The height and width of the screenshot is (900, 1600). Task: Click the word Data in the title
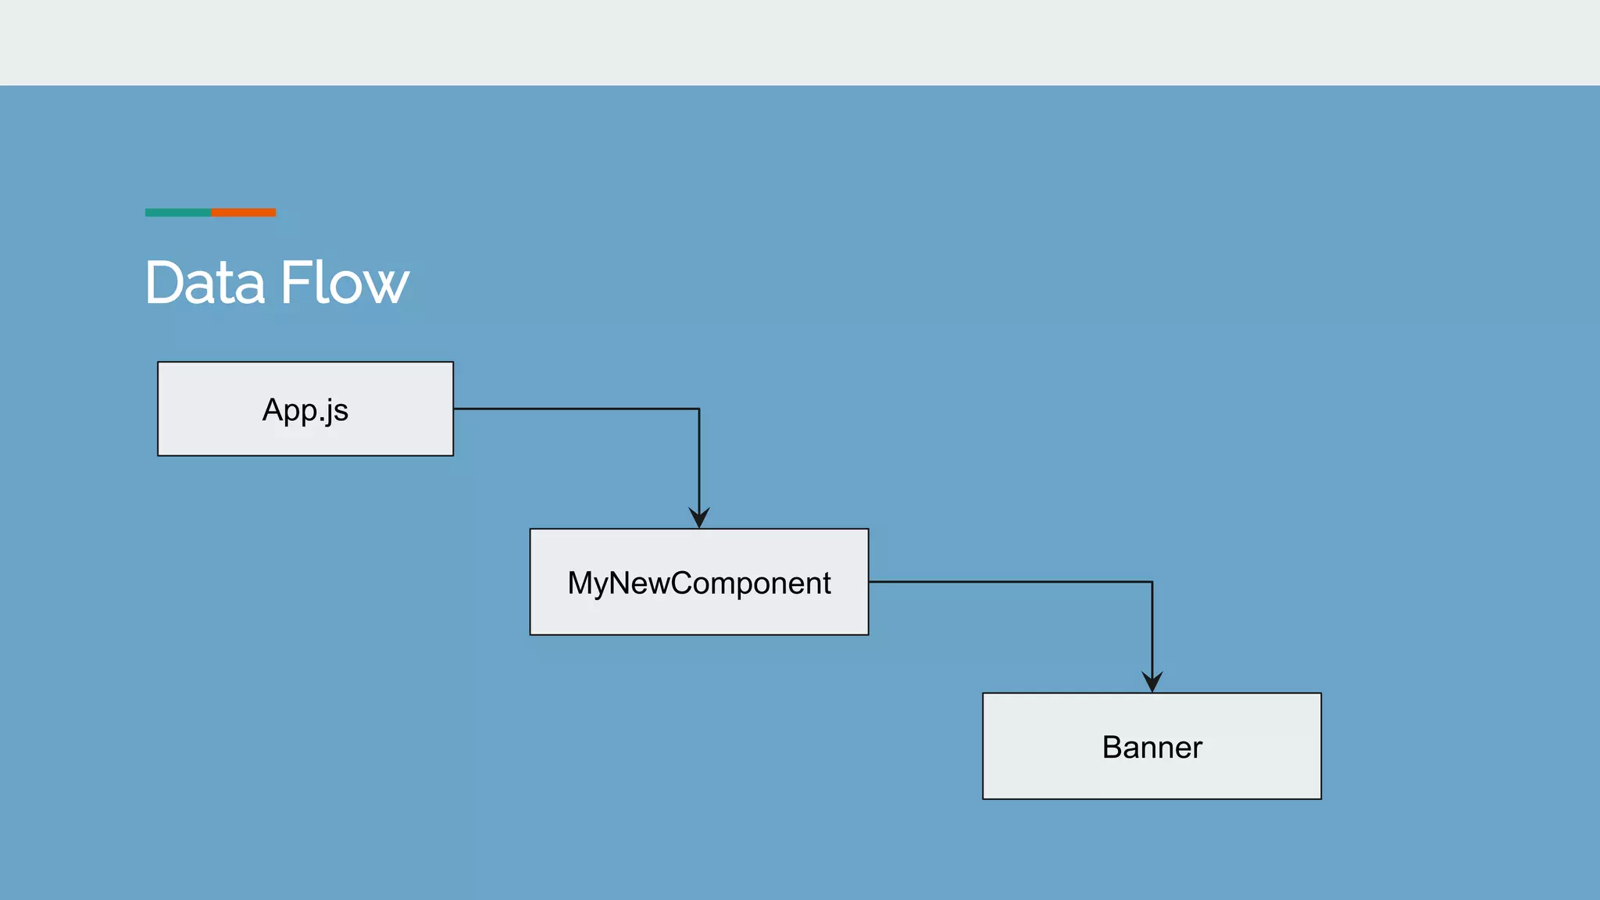click(x=205, y=283)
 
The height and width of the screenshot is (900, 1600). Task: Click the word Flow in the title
click(x=344, y=283)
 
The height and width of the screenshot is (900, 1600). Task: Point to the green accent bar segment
click(x=177, y=212)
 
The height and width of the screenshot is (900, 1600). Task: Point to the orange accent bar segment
click(x=243, y=212)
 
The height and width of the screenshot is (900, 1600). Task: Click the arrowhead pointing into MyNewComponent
click(x=699, y=518)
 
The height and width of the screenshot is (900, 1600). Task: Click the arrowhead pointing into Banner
click(x=1152, y=681)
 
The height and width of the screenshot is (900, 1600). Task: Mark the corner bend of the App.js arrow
click(x=699, y=409)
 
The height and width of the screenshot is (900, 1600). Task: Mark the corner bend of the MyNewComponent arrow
click(x=1152, y=582)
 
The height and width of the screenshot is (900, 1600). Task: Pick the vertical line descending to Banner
click(x=1152, y=625)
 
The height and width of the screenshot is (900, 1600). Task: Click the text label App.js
click(x=305, y=410)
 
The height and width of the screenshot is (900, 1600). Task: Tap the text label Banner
click(x=1152, y=748)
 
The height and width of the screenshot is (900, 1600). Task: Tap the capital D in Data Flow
click(x=166, y=283)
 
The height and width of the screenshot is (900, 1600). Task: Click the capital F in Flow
click(x=294, y=283)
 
